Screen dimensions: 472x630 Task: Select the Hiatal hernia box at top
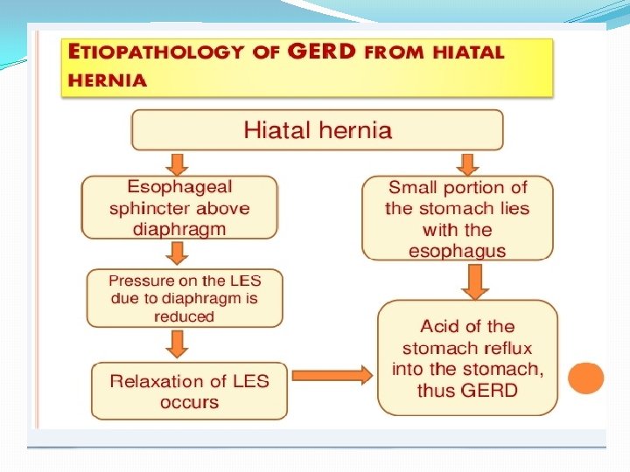click(x=317, y=130)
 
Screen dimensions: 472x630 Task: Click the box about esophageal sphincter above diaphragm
click(x=179, y=208)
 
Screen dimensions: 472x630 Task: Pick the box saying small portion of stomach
click(x=458, y=219)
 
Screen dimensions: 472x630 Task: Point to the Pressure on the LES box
click(x=184, y=298)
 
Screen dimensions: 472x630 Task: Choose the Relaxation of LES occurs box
click(x=189, y=391)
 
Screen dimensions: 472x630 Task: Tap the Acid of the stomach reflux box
click(x=467, y=357)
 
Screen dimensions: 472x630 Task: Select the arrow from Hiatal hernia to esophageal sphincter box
click(x=178, y=163)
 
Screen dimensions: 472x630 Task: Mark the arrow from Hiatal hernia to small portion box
click(x=467, y=163)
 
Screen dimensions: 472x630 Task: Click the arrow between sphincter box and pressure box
click(x=178, y=253)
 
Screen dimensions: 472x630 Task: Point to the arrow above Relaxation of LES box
click(x=178, y=344)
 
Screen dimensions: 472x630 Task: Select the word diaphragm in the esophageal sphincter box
click(x=179, y=230)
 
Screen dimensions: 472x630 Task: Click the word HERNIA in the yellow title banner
click(x=107, y=80)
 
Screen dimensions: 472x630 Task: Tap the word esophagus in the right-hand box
click(x=458, y=252)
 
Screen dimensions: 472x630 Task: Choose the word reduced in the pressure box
click(x=184, y=316)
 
